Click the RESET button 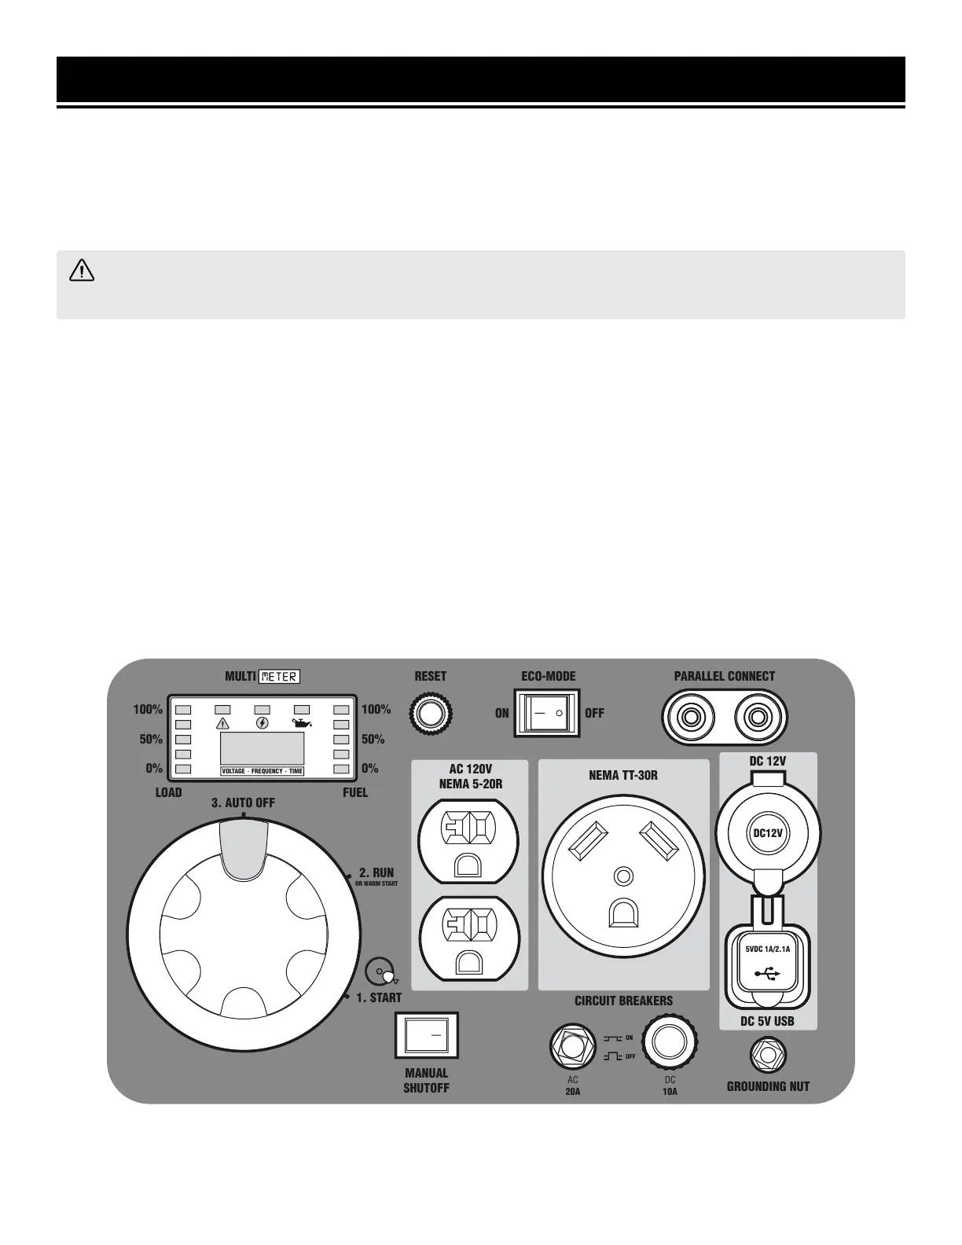coord(430,714)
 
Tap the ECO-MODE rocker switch coord(546,713)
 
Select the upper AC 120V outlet coord(468,841)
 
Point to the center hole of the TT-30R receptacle coord(623,875)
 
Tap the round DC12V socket coord(768,833)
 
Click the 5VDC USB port coord(768,960)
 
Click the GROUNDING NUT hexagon coord(768,1055)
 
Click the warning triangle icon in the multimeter coord(222,723)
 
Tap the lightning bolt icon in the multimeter coord(263,723)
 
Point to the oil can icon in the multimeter coord(301,723)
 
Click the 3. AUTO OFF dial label coord(243,802)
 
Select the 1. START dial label coord(379,997)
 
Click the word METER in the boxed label coord(279,676)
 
